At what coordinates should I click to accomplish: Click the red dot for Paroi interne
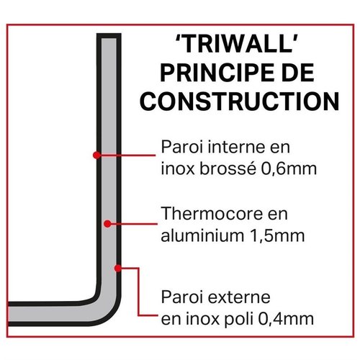(x=96, y=153)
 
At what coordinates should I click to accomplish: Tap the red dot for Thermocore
(x=107, y=224)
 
